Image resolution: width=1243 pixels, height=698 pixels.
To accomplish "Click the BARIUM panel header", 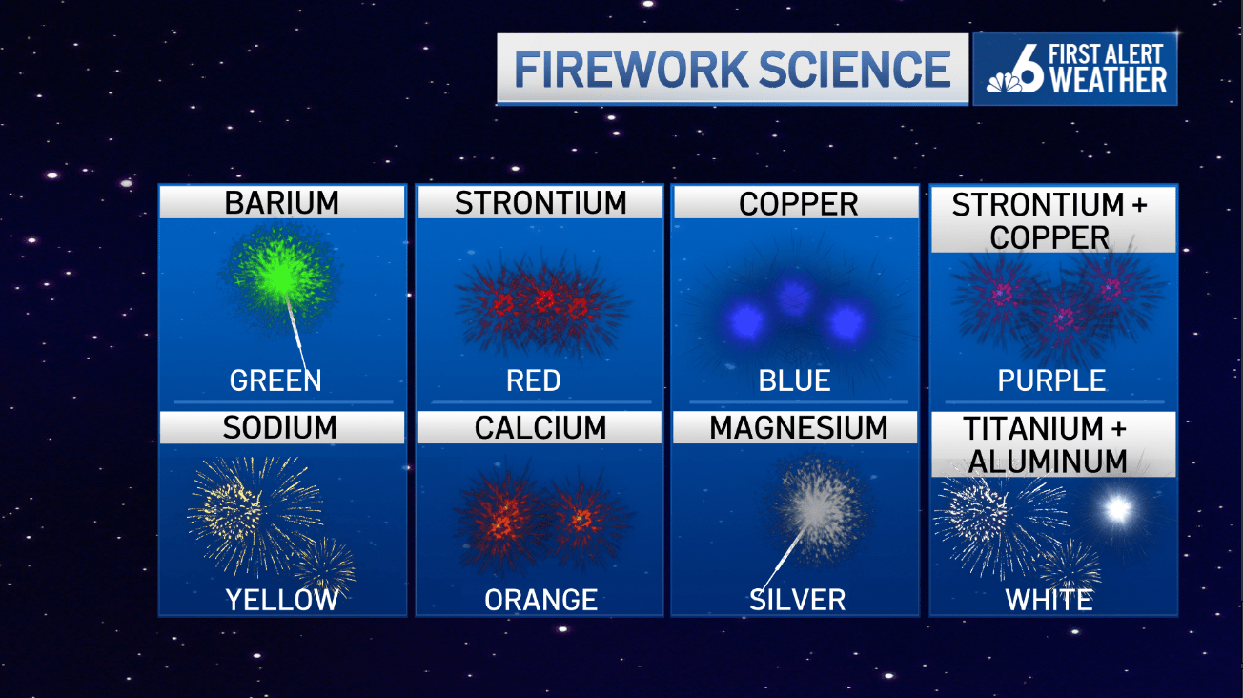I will click(x=281, y=202).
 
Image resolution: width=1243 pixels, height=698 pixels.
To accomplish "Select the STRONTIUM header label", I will click(x=540, y=202).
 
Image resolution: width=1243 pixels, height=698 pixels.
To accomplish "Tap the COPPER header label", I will click(x=798, y=203).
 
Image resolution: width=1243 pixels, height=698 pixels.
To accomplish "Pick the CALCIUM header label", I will click(x=540, y=428).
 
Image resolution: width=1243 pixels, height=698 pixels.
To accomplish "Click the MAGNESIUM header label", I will click(x=798, y=428).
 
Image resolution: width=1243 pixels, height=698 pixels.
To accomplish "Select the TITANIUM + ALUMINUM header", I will click(x=1052, y=444).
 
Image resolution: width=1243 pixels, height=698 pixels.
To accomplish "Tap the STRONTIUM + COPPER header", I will click(x=1052, y=219).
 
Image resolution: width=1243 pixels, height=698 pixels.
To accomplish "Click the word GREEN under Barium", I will click(x=275, y=380).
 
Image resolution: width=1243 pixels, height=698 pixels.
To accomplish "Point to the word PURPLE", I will click(x=1051, y=380).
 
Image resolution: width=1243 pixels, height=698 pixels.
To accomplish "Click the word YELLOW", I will click(x=281, y=600).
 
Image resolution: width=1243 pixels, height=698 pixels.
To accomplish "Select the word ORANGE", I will click(x=540, y=600).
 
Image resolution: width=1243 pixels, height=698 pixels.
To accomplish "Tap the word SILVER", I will click(x=797, y=600).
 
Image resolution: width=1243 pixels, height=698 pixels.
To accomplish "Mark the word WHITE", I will click(x=1049, y=600).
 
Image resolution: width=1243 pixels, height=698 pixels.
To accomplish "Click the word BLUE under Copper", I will click(x=794, y=380).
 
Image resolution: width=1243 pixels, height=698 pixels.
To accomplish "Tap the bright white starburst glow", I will click(x=1116, y=509).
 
